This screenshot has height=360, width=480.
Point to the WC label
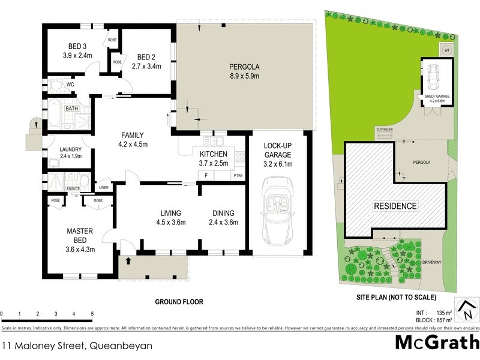coord(70,85)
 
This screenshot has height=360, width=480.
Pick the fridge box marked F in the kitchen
coord(206,175)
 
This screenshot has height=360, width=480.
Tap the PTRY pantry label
coord(238,176)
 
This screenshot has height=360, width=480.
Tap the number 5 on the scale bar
coord(92,314)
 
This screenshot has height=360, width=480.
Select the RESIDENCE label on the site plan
coord(395,206)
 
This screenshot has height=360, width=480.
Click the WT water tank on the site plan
coord(446,50)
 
